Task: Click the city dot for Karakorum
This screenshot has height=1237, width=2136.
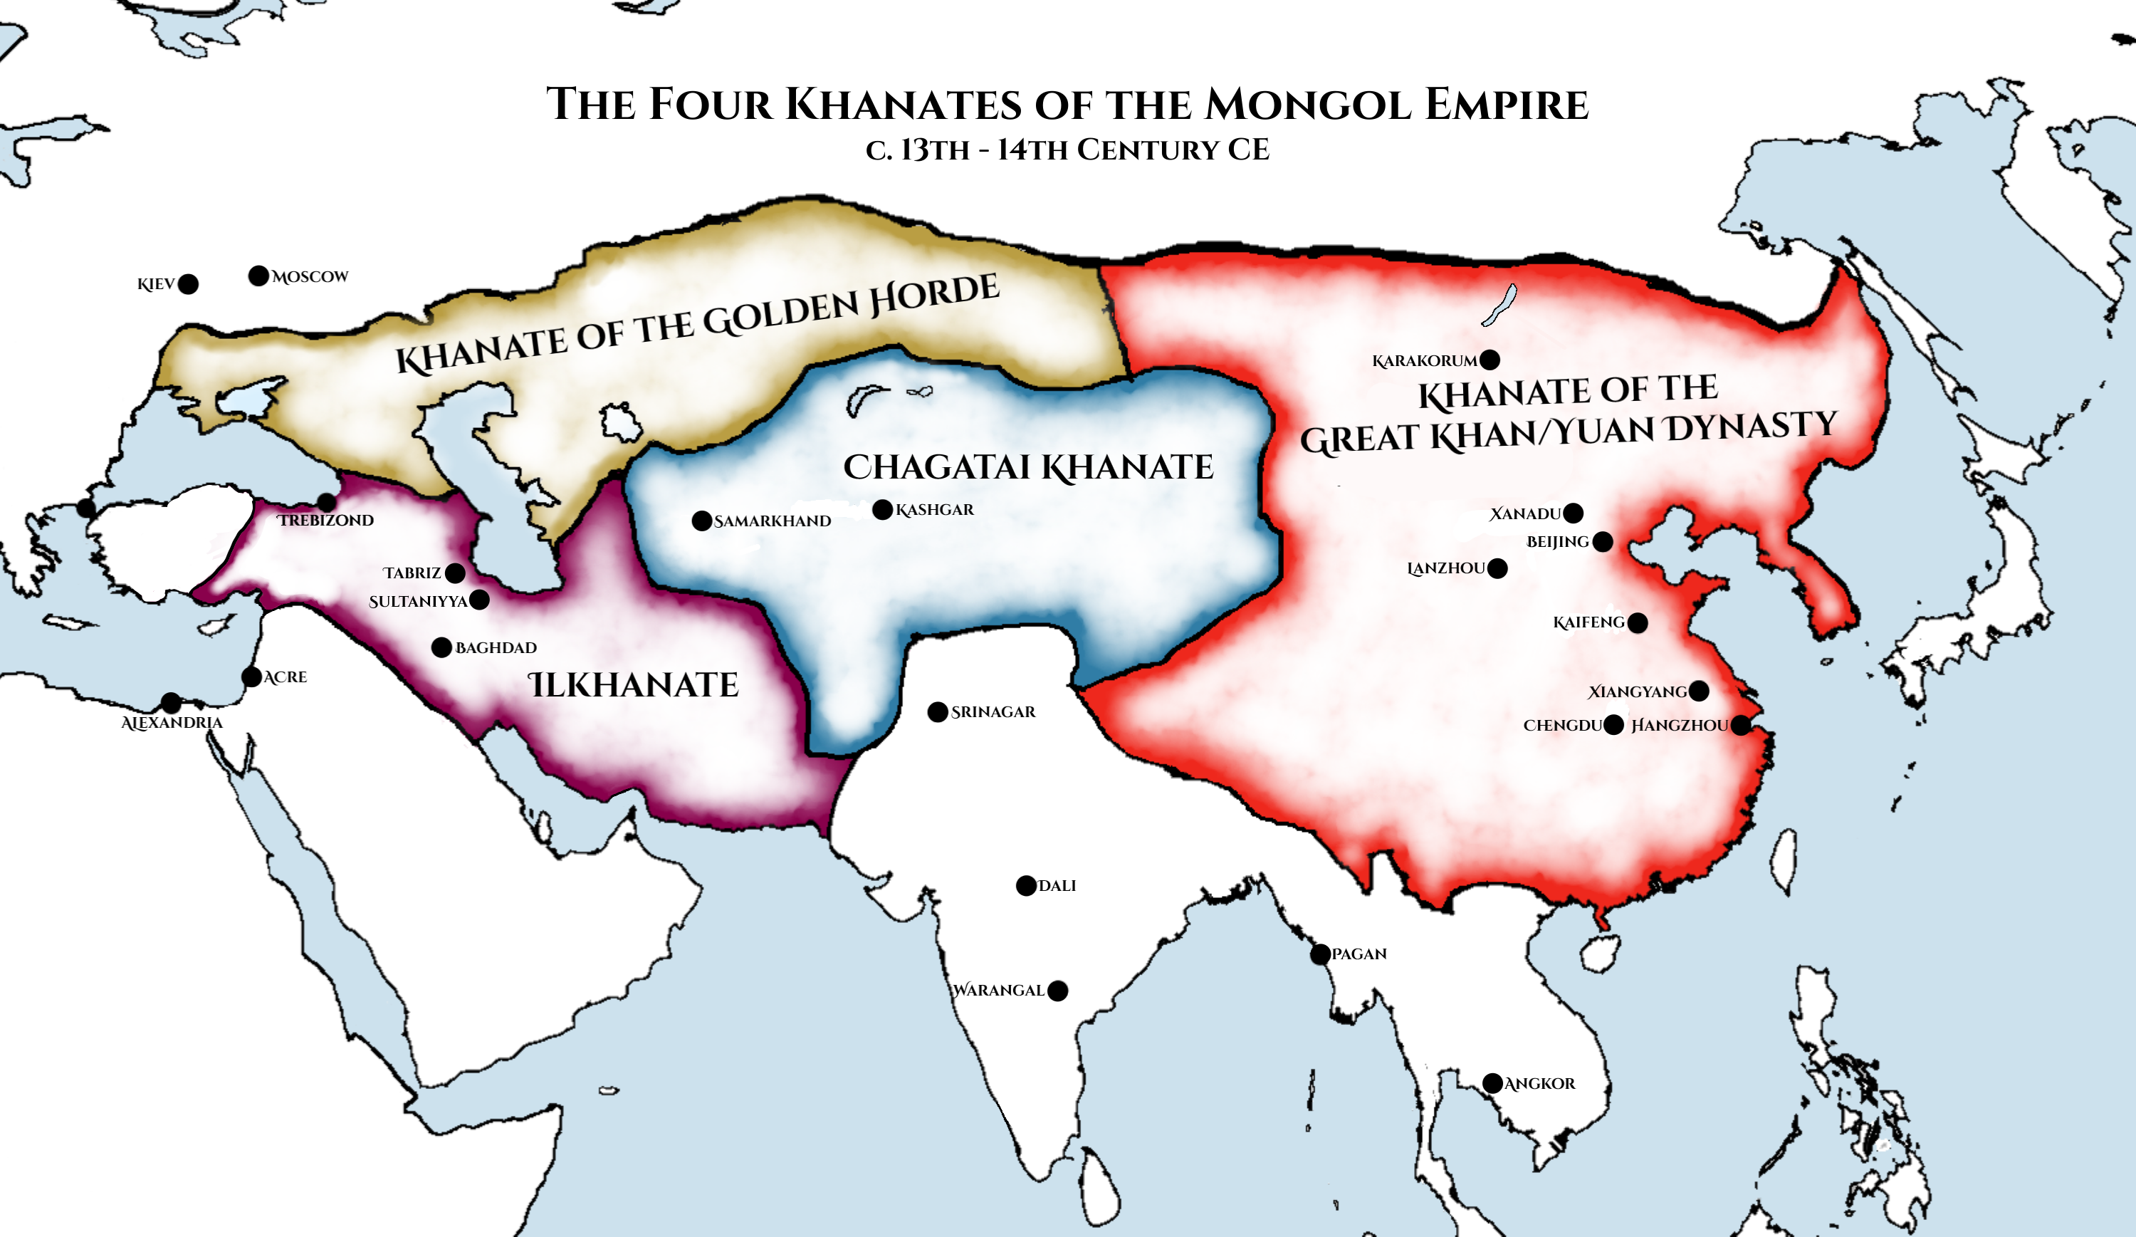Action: point(1490,360)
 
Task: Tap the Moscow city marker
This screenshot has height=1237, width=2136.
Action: point(258,276)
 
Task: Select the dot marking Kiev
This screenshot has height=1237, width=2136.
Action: point(188,284)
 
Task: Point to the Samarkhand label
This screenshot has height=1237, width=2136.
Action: point(773,521)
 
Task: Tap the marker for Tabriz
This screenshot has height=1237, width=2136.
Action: point(455,573)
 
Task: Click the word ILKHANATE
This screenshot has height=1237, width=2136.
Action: point(633,685)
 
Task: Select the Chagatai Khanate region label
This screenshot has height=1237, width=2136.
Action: point(1028,467)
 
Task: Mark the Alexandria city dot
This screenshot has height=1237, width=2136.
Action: point(171,703)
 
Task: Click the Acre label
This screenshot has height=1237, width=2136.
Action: point(285,677)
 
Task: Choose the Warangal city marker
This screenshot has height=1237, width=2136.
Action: point(1058,991)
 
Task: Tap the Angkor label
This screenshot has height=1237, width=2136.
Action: point(1539,1084)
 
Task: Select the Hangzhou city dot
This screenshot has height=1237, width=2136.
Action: point(1741,725)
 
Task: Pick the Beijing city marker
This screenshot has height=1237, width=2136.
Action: point(1603,542)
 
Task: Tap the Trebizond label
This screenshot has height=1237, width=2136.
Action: point(325,521)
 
